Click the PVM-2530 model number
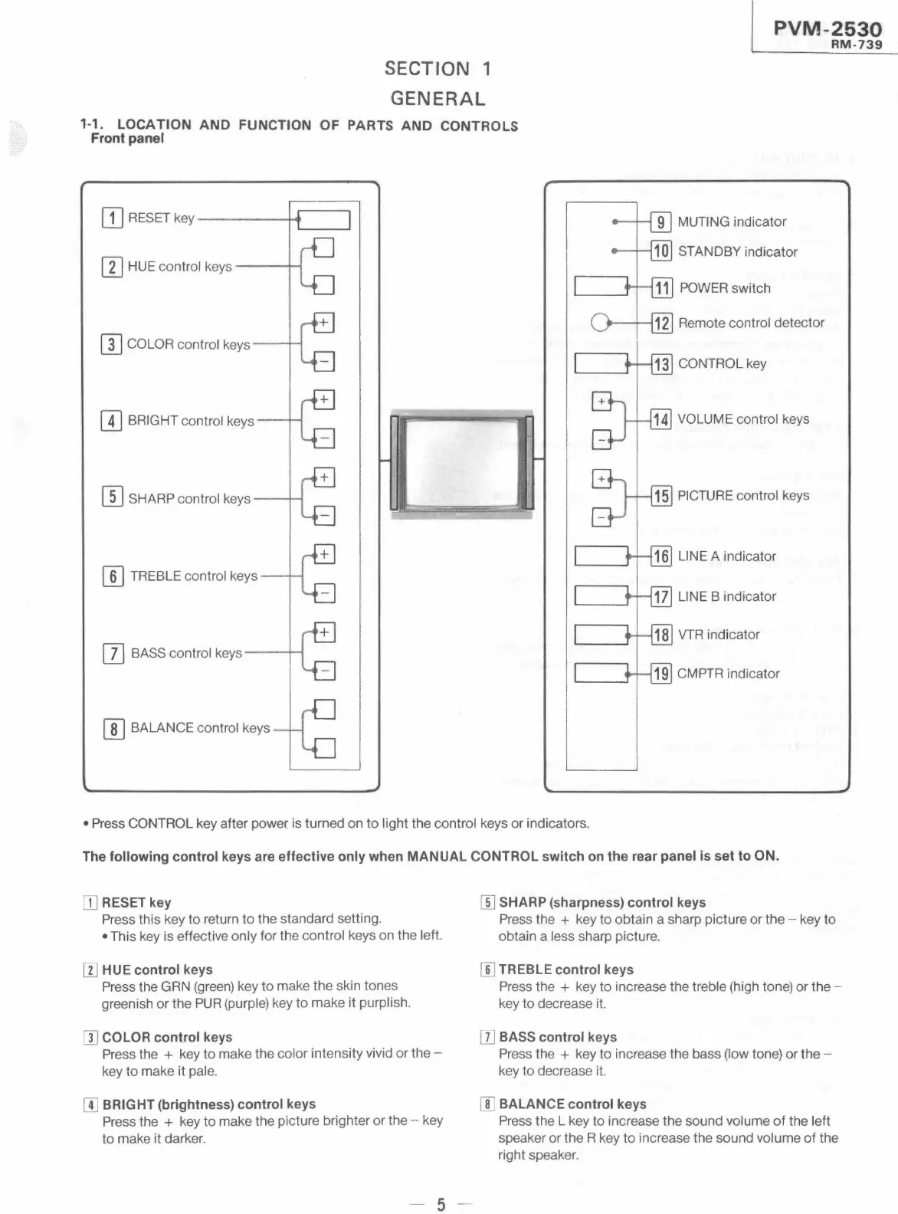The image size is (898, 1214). pos(828,29)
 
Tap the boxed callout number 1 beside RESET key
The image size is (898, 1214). pos(112,218)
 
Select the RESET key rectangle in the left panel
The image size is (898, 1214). pos(323,221)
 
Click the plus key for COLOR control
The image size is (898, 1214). pos(324,323)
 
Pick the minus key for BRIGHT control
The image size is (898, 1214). pos(324,439)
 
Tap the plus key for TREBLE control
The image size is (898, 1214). pos(324,554)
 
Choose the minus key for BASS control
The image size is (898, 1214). pos(324,671)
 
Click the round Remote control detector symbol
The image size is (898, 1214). pos(601,323)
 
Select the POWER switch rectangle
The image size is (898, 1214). pos(601,287)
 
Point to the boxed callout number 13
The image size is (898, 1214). pos(661,364)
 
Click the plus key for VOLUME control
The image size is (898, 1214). pos(602,401)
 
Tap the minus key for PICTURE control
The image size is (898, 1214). pos(602,519)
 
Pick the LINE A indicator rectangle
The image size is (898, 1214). pos(601,556)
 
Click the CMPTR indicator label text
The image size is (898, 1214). pos(728,674)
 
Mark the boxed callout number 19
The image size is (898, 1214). pos(661,674)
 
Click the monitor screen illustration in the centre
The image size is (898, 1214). pos(462,462)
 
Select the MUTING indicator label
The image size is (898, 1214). pos(732,222)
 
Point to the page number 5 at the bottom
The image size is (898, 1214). pos(441,1205)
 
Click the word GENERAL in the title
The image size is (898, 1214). pos(438,99)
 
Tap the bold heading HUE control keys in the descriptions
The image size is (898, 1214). pos(157,970)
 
